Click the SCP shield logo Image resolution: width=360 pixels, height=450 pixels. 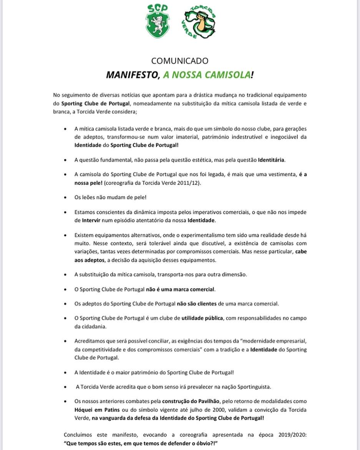coord(158,22)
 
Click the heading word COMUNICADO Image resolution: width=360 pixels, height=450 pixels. coord(180,61)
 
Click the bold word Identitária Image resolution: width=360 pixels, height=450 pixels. coord(272,159)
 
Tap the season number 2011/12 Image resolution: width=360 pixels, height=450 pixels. coord(189,183)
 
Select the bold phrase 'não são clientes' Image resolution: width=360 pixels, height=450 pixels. coord(196,303)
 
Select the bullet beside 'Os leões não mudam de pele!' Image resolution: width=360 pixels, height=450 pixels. coord(66,197)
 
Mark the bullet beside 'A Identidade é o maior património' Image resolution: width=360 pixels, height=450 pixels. coord(66,372)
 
